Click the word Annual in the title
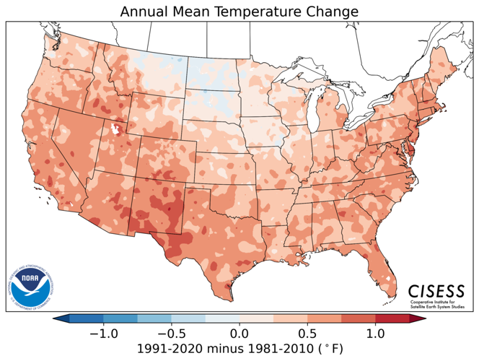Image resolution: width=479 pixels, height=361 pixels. (x=145, y=12)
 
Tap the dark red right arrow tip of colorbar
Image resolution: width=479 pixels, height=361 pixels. (x=420, y=318)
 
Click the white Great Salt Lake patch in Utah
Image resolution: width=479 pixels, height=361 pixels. (x=114, y=130)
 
